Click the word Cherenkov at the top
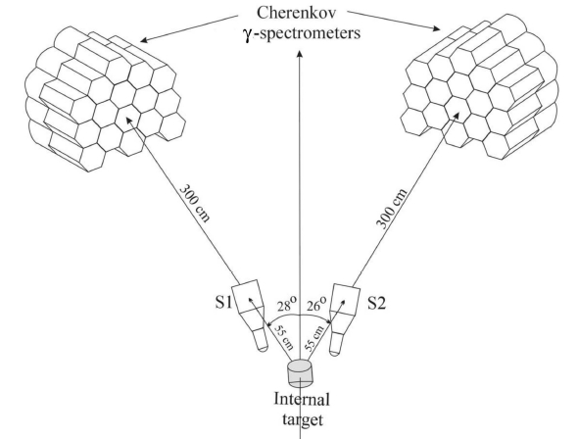tap(297, 13)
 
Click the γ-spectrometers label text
tap(302, 33)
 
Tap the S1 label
tap(223, 303)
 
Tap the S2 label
tap(377, 304)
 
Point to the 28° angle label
tap(287, 305)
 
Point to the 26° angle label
tap(316, 305)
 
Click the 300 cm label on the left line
tap(194, 203)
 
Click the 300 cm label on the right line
tap(392, 209)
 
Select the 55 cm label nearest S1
tap(284, 337)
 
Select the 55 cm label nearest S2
tap(314, 338)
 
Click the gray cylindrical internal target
tap(300, 373)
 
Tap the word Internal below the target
tap(302, 399)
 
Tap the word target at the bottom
tap(303, 419)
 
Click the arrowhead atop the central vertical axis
tap(300, 54)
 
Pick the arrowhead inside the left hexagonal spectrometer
tap(129, 121)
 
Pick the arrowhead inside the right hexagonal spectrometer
tap(457, 116)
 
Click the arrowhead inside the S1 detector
tap(251, 300)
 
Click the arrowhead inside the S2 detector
tap(343, 303)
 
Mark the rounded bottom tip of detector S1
tap(263, 349)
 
